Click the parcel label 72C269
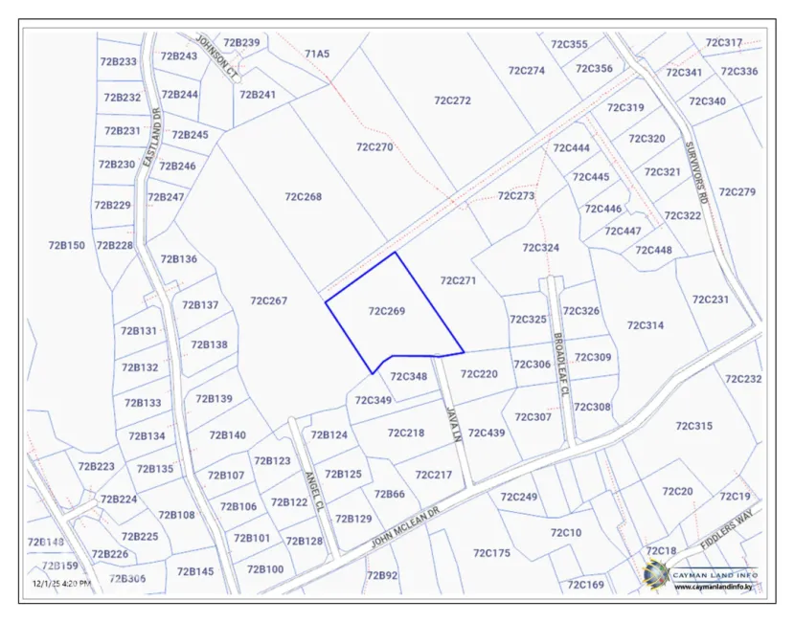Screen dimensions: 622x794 387,311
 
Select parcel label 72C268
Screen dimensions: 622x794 304,197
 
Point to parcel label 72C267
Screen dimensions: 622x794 268,300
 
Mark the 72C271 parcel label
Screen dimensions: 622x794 458,280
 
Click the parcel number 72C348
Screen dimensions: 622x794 408,376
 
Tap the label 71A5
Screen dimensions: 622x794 317,54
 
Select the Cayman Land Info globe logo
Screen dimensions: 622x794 657,574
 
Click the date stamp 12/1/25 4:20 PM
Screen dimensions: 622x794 62,583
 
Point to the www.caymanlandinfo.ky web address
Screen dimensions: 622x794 714,587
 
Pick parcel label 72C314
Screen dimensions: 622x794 646,325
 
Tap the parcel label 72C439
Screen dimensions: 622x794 487,433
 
